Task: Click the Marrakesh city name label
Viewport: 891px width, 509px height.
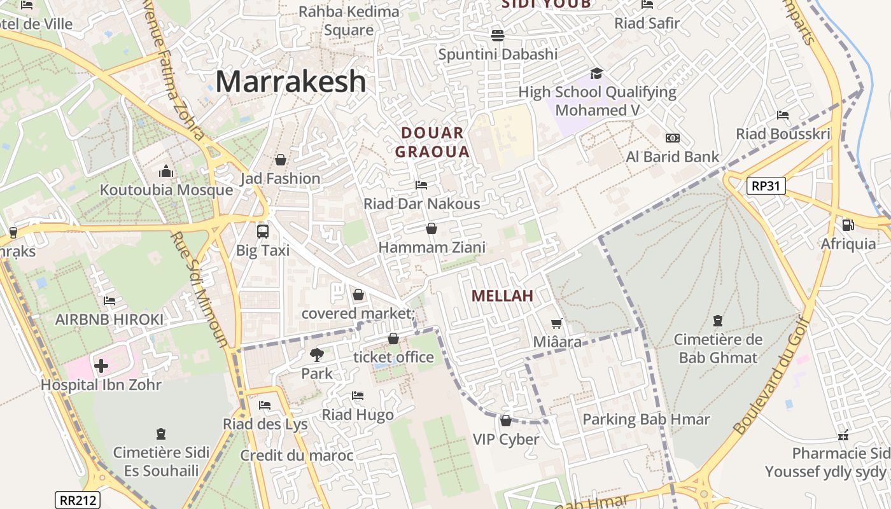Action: pos(291,82)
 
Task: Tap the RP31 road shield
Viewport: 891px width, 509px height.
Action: pos(766,186)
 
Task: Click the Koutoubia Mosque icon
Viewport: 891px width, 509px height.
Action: pos(166,171)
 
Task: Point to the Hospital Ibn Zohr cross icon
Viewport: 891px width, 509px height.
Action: pos(101,366)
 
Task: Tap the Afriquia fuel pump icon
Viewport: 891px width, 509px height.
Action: pos(848,225)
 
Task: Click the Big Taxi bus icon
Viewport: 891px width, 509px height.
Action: pos(263,231)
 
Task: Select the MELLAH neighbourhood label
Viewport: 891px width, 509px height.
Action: pos(502,296)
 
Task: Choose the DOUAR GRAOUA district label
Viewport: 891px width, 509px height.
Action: pos(433,143)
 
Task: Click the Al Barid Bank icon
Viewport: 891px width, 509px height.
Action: pos(673,138)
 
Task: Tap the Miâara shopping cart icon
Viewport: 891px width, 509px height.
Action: pos(557,324)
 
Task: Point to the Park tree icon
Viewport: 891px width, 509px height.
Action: pos(316,354)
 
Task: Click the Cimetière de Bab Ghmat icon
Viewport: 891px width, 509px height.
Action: pos(719,320)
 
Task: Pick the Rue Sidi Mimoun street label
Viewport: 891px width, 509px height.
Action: pos(199,289)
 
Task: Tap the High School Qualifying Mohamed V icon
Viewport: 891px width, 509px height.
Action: pos(596,73)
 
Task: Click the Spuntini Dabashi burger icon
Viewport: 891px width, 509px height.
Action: pos(498,35)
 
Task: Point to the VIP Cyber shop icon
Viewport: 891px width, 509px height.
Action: pos(506,421)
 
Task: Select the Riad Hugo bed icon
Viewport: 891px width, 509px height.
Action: pos(358,396)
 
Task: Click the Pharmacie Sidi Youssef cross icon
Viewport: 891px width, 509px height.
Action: pos(843,436)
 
